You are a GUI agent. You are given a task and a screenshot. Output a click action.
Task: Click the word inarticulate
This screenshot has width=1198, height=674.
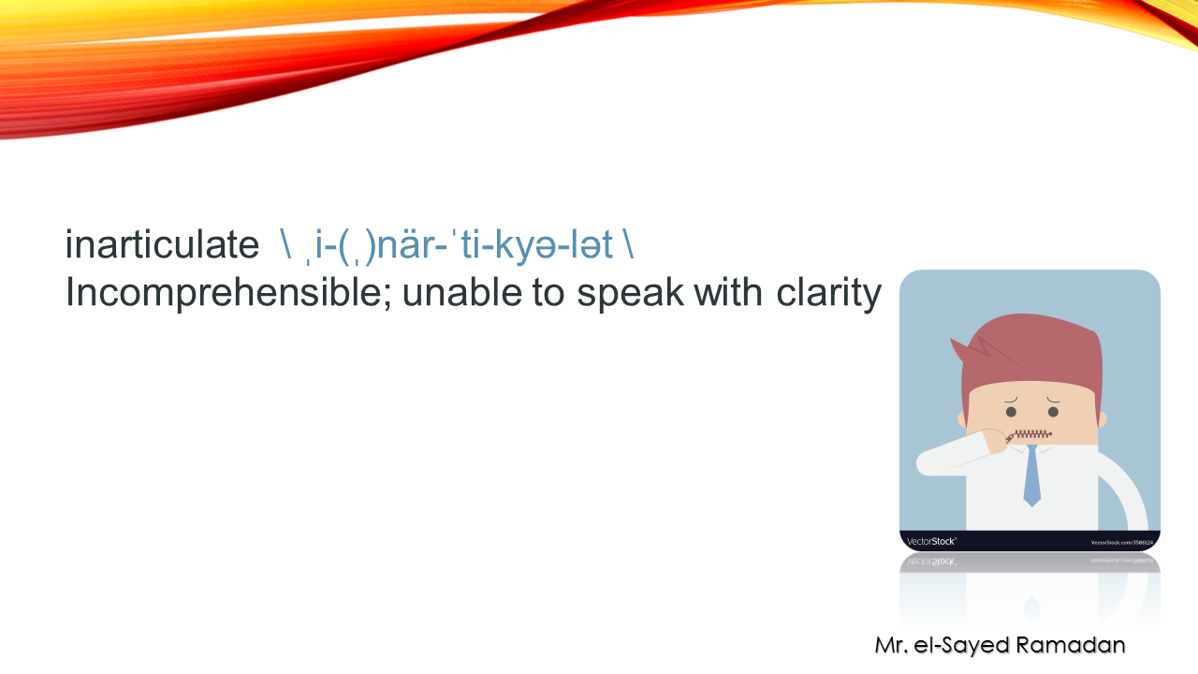tap(162, 245)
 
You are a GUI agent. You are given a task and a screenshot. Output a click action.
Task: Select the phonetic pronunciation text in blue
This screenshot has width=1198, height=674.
tap(457, 245)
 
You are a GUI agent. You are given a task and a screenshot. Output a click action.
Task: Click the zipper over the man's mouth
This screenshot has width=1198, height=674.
tap(1030, 434)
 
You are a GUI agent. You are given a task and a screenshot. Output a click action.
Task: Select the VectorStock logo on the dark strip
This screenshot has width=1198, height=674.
tap(931, 541)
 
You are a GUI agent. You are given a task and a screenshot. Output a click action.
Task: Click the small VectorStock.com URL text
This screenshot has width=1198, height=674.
tap(1121, 542)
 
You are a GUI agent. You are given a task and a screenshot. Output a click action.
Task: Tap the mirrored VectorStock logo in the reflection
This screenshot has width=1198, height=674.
tap(931, 562)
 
